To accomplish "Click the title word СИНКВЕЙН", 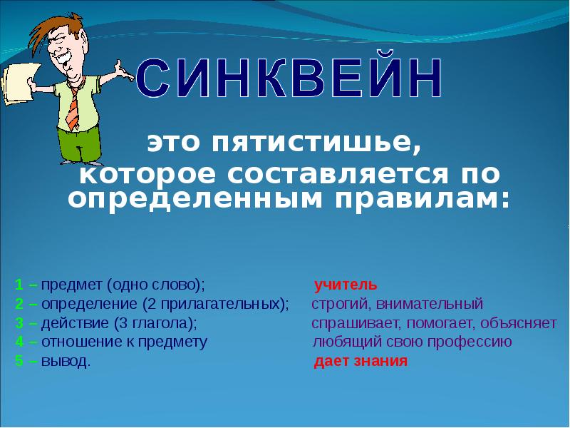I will coord(289,80).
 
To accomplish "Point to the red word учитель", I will coord(341,285).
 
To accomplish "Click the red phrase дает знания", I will coord(361,361).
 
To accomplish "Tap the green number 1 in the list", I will coord(18,285).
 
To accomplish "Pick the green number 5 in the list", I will coord(18,361).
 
